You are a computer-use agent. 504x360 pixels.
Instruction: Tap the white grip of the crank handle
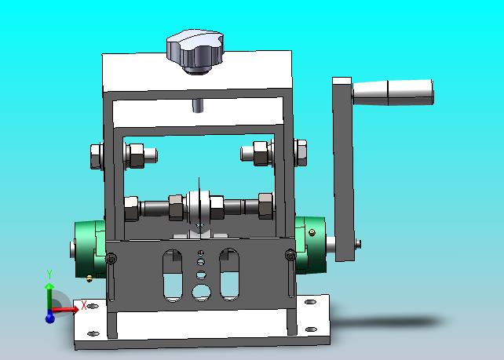click(393, 93)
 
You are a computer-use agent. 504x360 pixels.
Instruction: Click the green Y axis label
click(49, 275)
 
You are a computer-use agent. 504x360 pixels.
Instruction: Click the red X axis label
click(83, 305)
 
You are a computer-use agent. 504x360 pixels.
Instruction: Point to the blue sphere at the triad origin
click(49, 318)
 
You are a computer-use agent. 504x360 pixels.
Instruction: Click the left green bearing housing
click(89, 249)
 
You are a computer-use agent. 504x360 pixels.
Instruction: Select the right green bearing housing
click(310, 245)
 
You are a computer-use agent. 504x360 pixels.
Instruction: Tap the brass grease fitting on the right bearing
click(312, 232)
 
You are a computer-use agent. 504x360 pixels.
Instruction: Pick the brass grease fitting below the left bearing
click(89, 278)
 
